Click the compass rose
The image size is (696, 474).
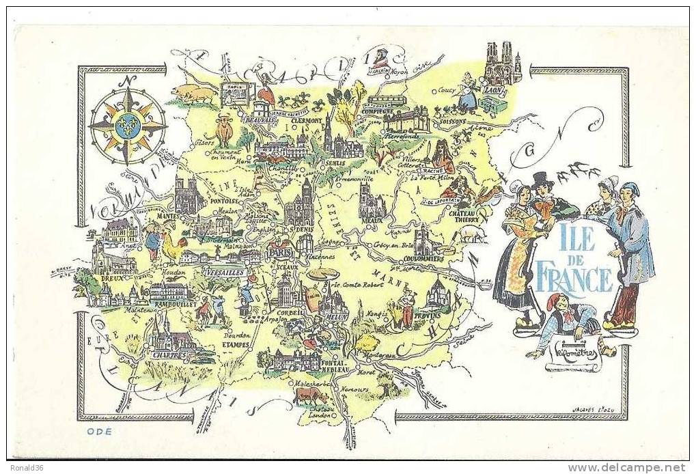[128, 126]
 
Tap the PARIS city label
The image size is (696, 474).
[280, 251]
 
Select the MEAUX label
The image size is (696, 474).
[372, 220]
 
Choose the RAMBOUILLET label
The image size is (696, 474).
[173, 304]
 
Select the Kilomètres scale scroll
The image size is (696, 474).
[572, 355]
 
